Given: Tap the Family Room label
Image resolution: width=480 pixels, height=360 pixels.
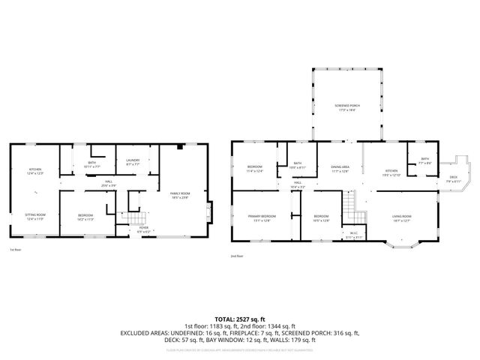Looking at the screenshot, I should click(180, 196).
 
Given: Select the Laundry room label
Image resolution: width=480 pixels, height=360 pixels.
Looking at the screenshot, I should click(133, 160).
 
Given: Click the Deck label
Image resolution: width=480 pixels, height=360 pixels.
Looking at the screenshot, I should click(453, 179).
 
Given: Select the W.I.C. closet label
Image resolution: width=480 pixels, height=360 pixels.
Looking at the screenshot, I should click(353, 235).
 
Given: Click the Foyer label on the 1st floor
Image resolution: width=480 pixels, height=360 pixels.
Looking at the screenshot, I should click(143, 229).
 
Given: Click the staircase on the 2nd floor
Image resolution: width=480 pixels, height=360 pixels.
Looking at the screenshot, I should click(349, 203).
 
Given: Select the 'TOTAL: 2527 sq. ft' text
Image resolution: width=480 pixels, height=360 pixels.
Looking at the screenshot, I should click(240, 319).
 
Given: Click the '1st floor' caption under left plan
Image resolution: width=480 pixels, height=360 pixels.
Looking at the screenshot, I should click(16, 250).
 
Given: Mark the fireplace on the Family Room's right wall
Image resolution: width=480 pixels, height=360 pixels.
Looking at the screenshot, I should click(210, 209).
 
